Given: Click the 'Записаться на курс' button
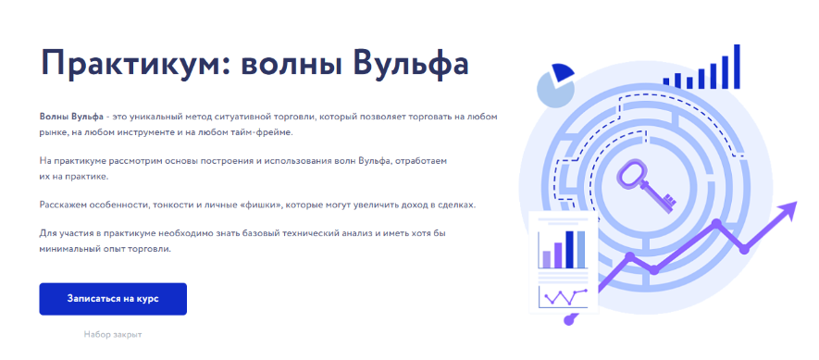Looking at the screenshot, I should tap(113, 299).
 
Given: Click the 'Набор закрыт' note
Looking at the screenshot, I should tap(112, 333).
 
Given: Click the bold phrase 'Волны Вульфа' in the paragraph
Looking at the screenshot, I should tap(71, 116).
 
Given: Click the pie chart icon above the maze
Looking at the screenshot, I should tap(556, 84).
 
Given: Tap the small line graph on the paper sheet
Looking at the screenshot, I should tap(561, 297).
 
